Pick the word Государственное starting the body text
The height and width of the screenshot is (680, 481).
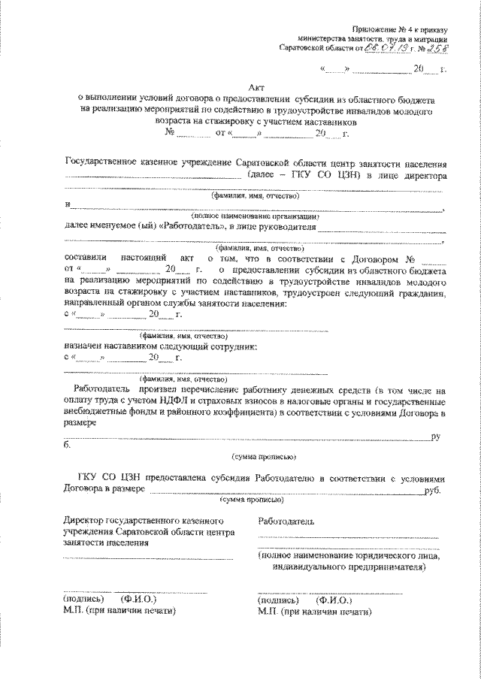point(105,162)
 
